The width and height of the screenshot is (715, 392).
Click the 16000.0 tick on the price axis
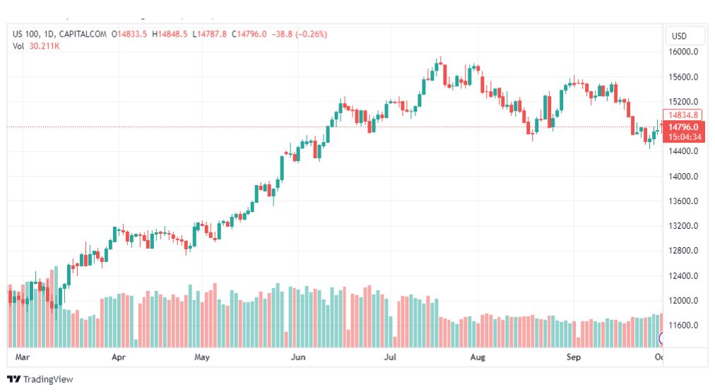[x=684, y=52]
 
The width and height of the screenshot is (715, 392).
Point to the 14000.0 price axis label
[x=684, y=177]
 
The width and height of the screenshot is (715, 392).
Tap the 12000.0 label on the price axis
[x=684, y=301]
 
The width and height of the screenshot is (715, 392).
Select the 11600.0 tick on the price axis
[x=684, y=326]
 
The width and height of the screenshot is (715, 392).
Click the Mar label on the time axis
[x=22, y=357]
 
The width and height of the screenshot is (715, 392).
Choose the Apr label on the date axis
[x=118, y=357]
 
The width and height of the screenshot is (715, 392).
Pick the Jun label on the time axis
[x=298, y=357]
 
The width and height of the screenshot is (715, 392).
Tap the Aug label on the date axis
[x=478, y=357]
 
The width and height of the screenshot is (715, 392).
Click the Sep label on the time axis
[x=574, y=357]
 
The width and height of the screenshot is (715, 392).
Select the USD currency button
[x=680, y=36]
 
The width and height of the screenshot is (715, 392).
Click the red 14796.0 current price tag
[x=684, y=127]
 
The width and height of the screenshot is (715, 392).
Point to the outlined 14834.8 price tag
[x=684, y=115]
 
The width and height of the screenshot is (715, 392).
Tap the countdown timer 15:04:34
[x=684, y=137]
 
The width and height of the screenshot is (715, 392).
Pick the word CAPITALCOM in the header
[x=84, y=34]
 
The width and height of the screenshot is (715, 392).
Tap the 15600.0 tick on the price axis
[x=684, y=77]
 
